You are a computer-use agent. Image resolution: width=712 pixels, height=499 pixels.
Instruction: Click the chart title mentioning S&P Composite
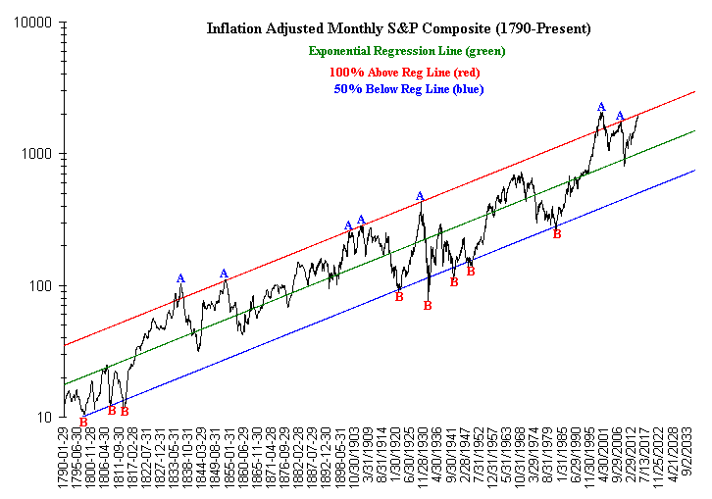[x=399, y=28]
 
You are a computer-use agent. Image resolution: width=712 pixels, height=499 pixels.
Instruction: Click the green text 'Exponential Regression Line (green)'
[x=407, y=51]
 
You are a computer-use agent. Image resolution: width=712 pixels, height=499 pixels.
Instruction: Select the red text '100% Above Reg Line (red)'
[x=404, y=72]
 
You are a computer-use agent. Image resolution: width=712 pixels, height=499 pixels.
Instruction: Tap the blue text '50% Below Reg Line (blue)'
[x=407, y=89]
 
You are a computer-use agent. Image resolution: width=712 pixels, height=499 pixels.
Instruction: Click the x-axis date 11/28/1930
[x=420, y=460]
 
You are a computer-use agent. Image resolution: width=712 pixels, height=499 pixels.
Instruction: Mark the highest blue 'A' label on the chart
[x=601, y=107]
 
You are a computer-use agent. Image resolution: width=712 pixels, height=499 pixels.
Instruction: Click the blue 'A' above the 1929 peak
[x=420, y=196]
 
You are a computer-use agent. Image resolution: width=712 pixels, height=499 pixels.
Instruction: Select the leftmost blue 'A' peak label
[x=180, y=278]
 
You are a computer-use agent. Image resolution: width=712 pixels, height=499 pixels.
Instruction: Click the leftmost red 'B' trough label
[x=83, y=423]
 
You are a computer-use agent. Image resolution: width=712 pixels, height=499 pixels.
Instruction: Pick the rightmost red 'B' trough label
[x=557, y=234]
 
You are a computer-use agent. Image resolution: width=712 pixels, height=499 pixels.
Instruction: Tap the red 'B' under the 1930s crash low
[x=428, y=306]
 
